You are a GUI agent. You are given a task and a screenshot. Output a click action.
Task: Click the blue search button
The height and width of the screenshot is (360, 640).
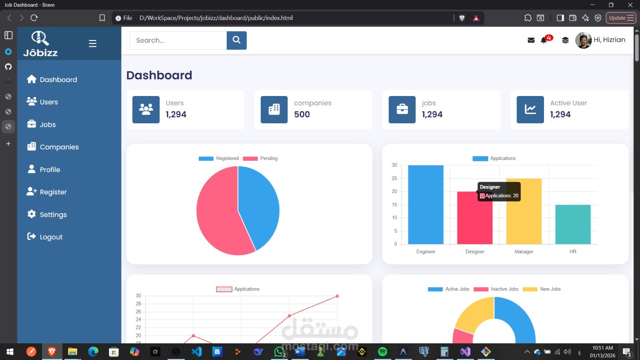tap(236, 40)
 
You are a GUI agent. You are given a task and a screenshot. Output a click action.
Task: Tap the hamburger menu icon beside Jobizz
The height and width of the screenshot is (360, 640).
tap(92, 43)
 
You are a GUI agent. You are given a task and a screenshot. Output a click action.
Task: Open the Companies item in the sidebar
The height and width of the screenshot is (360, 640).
tap(59, 147)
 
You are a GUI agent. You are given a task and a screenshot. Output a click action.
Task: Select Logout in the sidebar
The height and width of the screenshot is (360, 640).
tap(51, 237)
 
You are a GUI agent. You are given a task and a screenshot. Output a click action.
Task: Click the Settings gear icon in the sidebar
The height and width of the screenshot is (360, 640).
tap(32, 214)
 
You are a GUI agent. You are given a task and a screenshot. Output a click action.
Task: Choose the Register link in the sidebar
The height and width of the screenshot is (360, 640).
tap(53, 192)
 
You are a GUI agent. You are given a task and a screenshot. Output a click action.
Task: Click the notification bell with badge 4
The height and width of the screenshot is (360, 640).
tap(544, 40)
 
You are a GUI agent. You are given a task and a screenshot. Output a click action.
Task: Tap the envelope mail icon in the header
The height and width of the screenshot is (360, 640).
tap(531, 40)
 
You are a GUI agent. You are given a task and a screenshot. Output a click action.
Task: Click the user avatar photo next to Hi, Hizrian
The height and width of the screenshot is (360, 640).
tap(583, 40)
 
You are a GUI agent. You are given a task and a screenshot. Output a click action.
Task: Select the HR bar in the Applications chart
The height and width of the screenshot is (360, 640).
tap(573, 224)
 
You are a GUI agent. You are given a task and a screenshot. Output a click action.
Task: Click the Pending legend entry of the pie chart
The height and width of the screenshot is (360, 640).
tap(260, 158)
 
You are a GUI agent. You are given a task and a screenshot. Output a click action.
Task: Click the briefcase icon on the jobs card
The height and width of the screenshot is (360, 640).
tap(402, 109)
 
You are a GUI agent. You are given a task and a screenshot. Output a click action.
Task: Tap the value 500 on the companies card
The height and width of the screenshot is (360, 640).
tap(302, 114)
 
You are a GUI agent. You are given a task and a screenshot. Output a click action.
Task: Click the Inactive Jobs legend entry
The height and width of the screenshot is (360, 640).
tap(496, 289)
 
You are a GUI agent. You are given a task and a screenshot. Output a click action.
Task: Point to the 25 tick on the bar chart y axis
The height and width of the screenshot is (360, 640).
tap(394, 178)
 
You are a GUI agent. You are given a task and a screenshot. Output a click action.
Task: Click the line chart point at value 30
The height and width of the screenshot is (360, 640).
tap(337, 296)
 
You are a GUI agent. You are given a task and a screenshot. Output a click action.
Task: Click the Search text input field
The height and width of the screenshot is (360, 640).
tap(178, 40)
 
